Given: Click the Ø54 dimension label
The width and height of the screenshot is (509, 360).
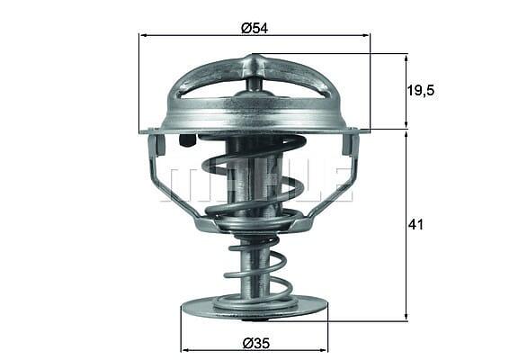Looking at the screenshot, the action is click(x=254, y=28).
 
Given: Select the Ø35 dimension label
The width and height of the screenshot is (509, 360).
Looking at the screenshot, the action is click(x=256, y=343).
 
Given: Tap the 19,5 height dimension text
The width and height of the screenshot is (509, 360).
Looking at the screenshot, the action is click(x=420, y=91).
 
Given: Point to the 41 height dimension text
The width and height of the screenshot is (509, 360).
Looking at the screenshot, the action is click(x=415, y=224).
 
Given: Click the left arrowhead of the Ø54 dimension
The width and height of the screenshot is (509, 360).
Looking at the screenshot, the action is click(x=143, y=35).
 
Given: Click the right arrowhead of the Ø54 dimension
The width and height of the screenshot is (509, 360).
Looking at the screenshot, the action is click(x=365, y=35).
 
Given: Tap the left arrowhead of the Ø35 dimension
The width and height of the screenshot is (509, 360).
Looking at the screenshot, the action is click(x=185, y=350).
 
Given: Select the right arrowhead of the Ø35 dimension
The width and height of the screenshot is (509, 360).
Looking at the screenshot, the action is click(x=324, y=350).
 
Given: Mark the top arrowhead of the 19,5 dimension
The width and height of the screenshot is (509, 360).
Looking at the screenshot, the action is click(x=406, y=59).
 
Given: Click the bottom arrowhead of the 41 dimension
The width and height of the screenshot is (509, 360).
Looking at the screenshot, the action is click(x=406, y=317).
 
